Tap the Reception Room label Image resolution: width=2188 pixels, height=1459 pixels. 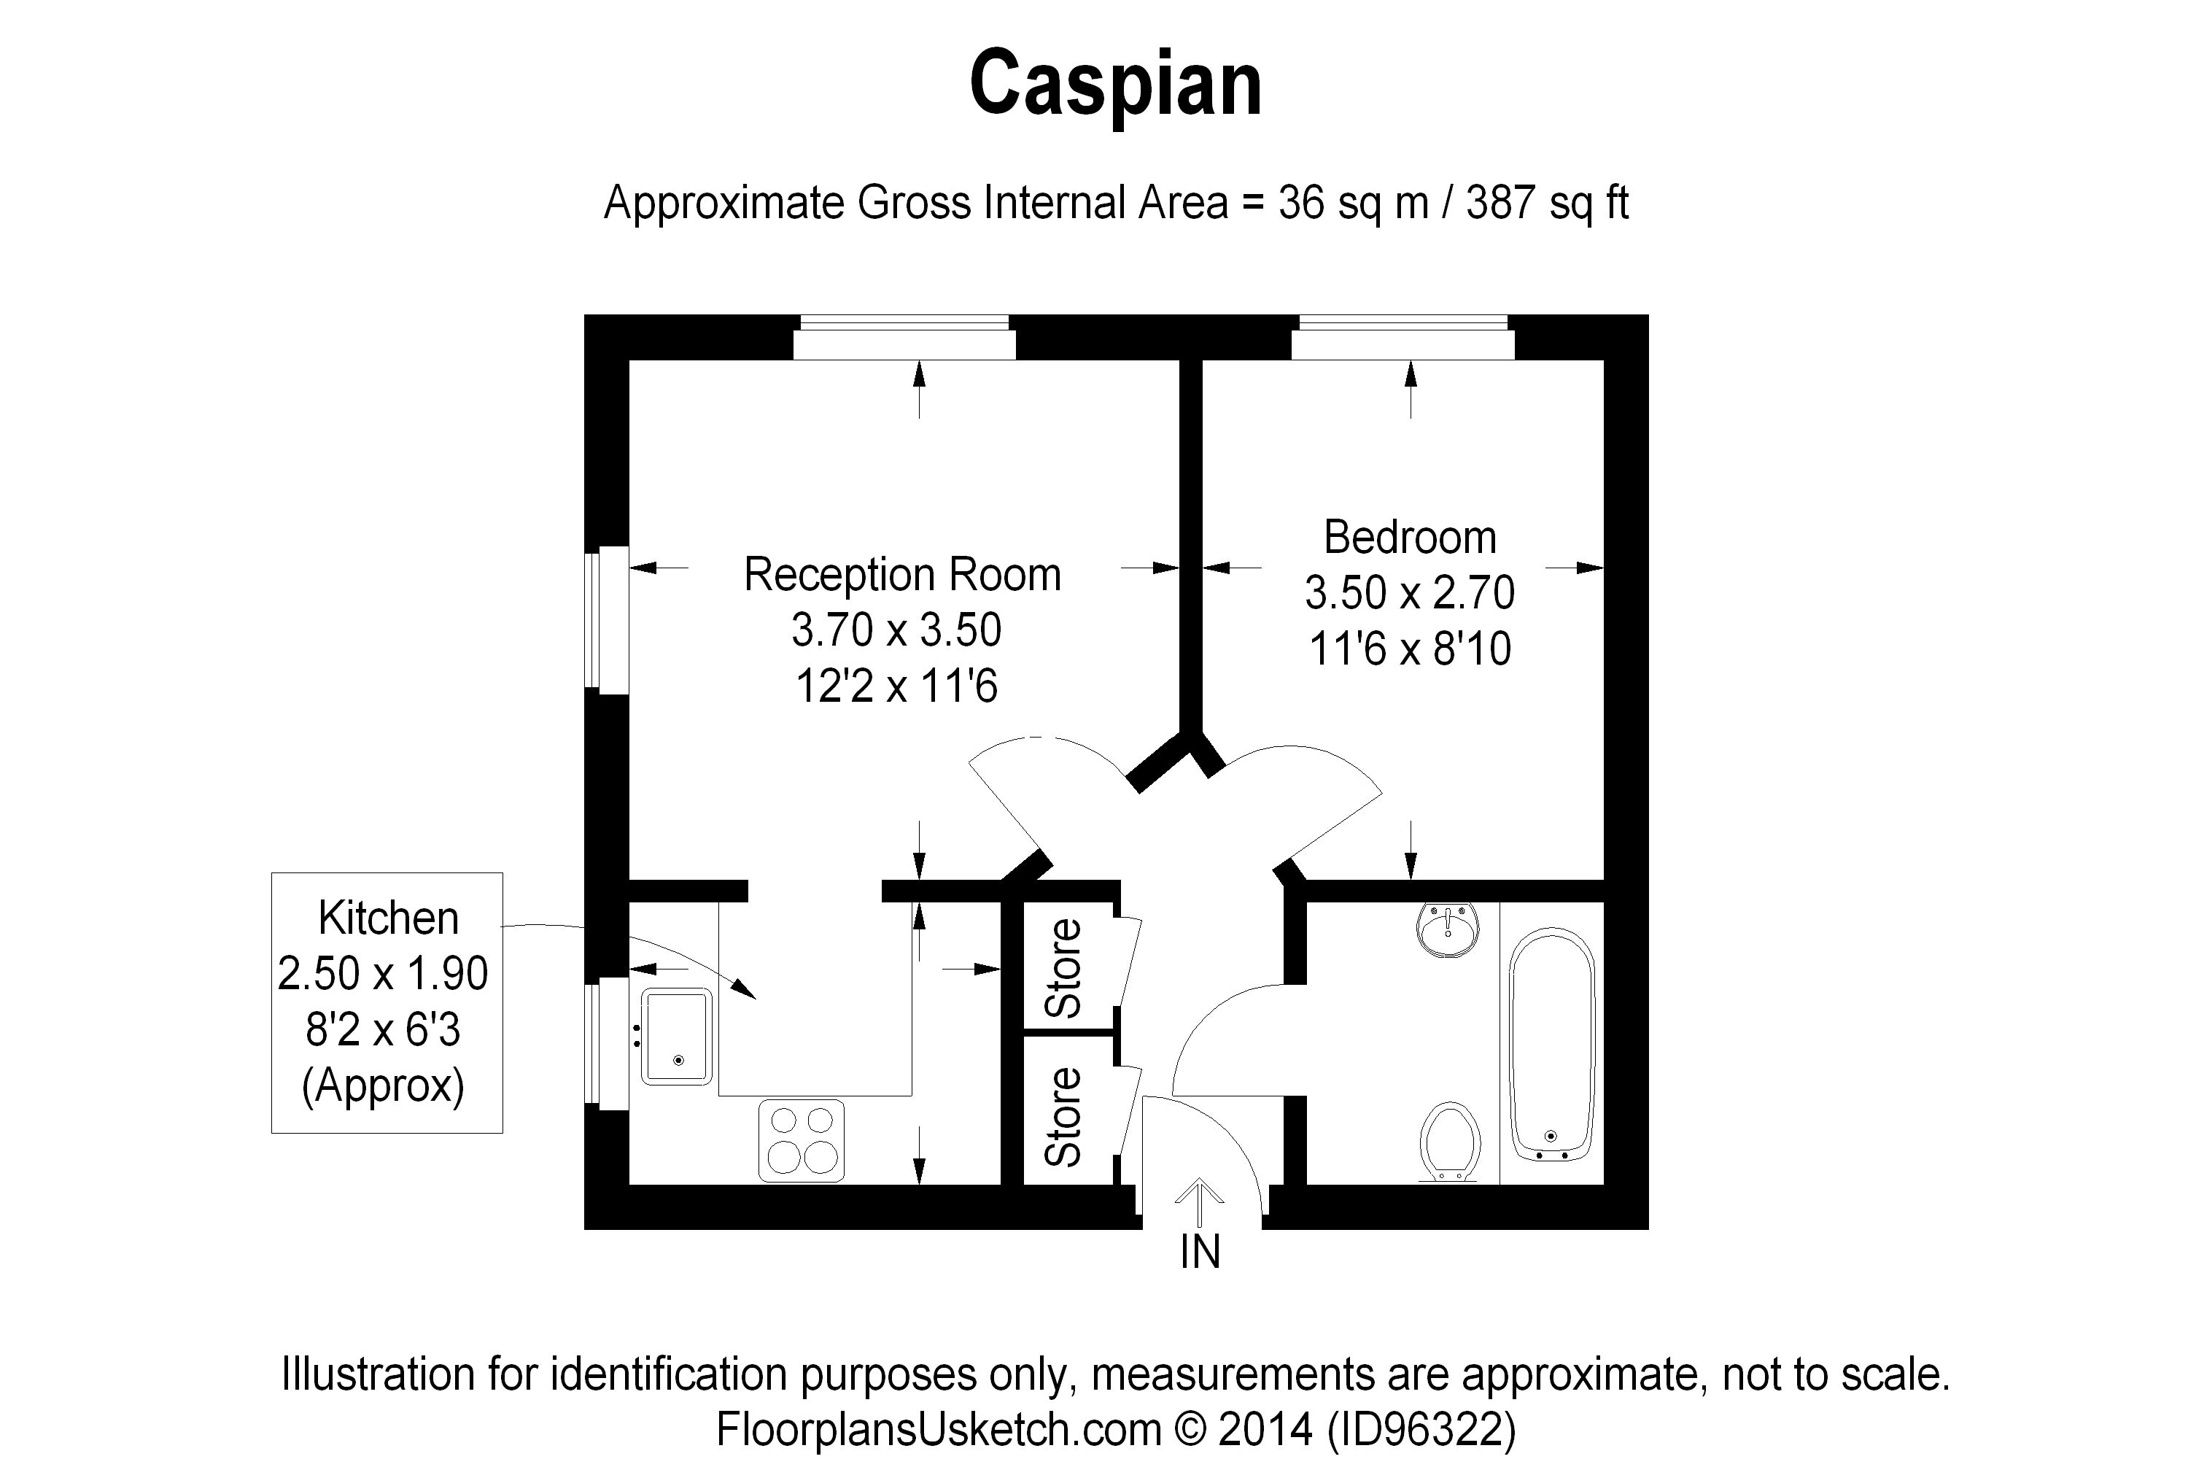901,574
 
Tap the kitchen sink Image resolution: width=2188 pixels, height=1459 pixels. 676,1037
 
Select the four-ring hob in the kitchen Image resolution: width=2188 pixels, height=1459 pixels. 801,1141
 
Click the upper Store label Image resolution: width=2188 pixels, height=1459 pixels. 1063,968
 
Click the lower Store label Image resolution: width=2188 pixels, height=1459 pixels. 1063,1117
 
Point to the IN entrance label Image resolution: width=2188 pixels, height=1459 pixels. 1199,1253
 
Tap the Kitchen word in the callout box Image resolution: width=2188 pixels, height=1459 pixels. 388,918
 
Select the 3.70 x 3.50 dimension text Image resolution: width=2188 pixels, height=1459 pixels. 896,630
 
